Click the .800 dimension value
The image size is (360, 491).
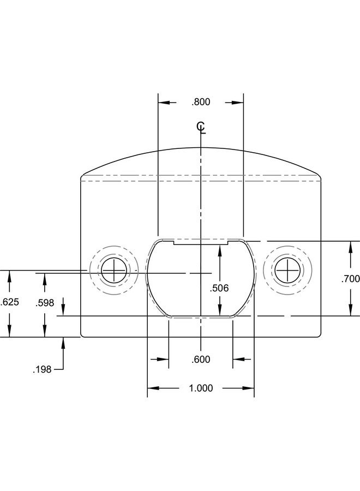pos(201,102)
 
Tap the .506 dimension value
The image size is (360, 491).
pos(219,288)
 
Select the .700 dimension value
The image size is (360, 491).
pos(350,279)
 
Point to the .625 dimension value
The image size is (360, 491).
pos(10,302)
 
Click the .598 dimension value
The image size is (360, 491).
pos(45,303)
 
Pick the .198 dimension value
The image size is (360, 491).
pos(42,369)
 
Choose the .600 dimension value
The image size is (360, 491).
pos(201,360)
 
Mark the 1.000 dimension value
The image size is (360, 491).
pos(201,388)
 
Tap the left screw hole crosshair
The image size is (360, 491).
pos(114,270)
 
